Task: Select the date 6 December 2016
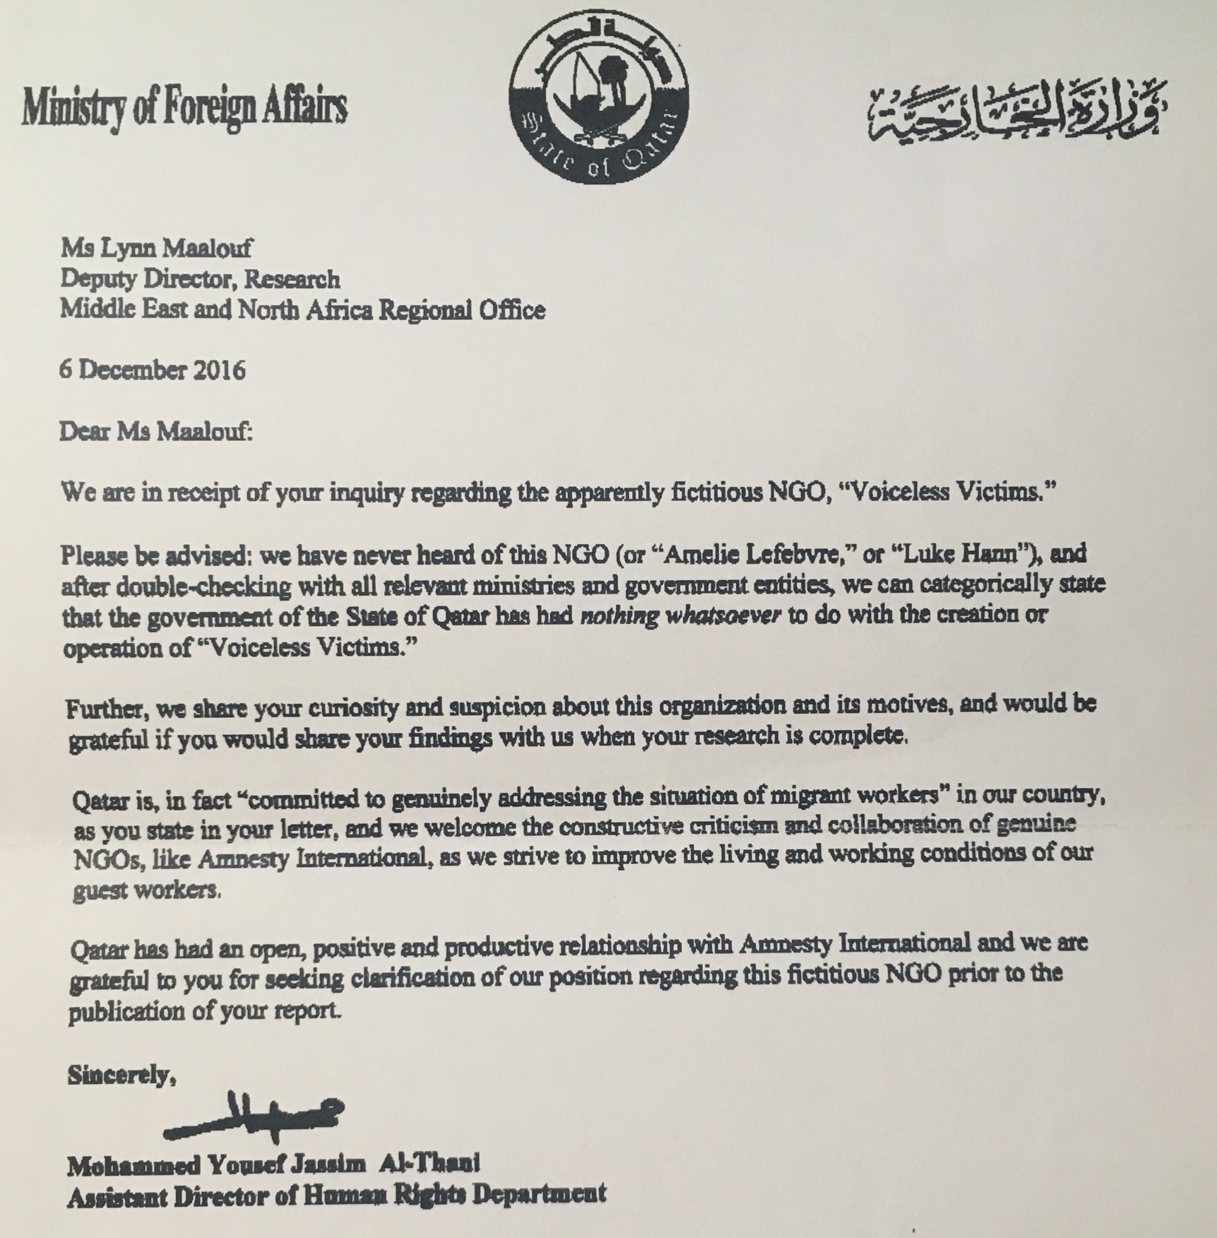coord(153,371)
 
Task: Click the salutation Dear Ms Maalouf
coord(157,432)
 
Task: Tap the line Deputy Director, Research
coord(200,279)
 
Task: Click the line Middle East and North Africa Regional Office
coord(303,310)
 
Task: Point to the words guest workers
coord(147,891)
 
